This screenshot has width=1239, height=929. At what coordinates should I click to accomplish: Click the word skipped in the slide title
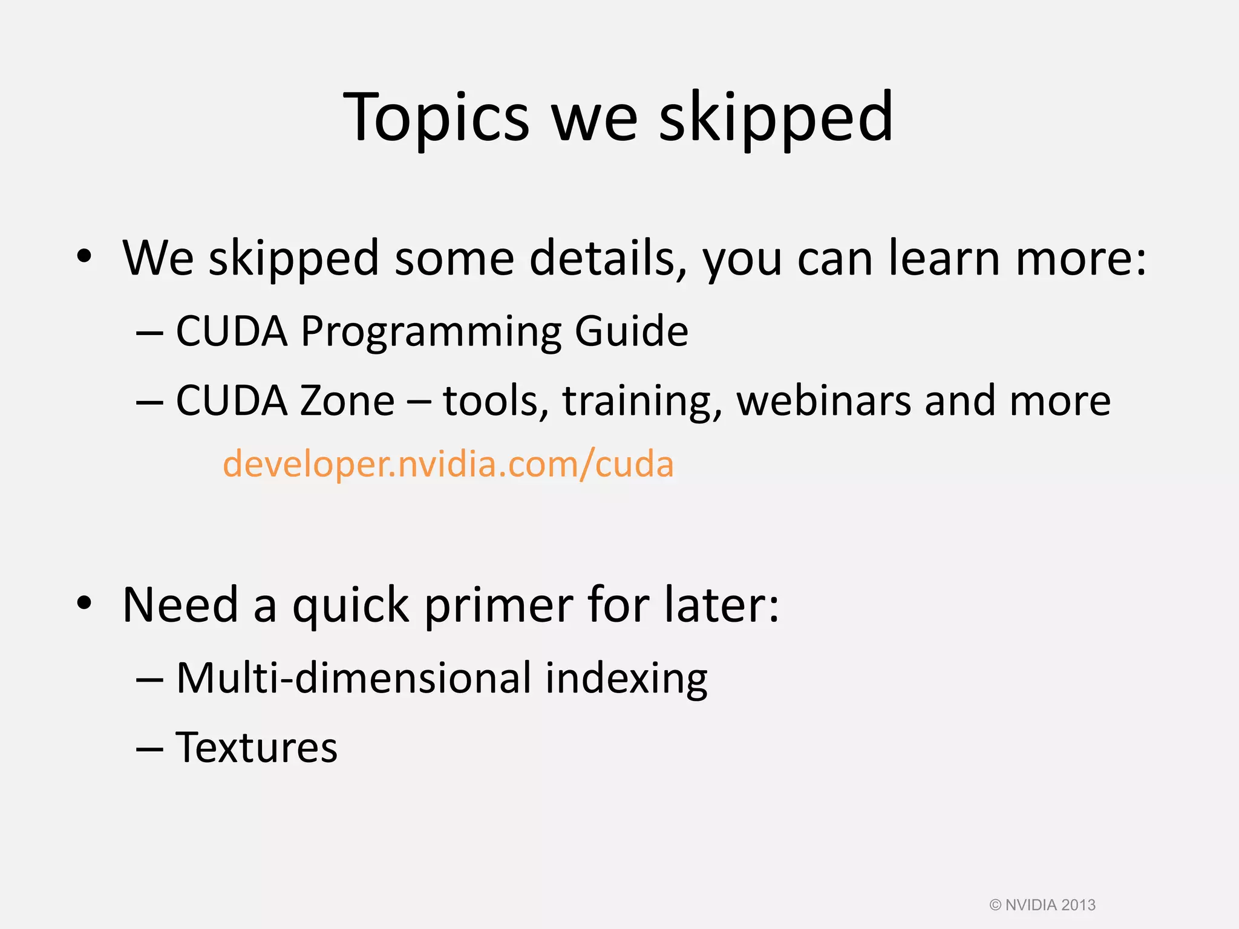click(x=776, y=118)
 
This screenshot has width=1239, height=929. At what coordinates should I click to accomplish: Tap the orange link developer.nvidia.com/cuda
click(x=448, y=464)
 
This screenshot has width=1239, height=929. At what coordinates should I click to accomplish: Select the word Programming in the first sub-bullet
click(x=430, y=332)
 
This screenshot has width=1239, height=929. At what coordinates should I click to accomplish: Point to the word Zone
click(x=347, y=401)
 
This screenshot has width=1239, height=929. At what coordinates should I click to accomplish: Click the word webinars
click(x=823, y=401)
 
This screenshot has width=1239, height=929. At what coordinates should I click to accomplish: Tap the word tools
click(x=495, y=401)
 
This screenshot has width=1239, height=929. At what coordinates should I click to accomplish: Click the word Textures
click(x=257, y=748)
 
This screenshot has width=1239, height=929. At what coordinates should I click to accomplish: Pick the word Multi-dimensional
click(x=353, y=678)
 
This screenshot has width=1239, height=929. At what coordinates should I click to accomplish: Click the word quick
click(x=350, y=606)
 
